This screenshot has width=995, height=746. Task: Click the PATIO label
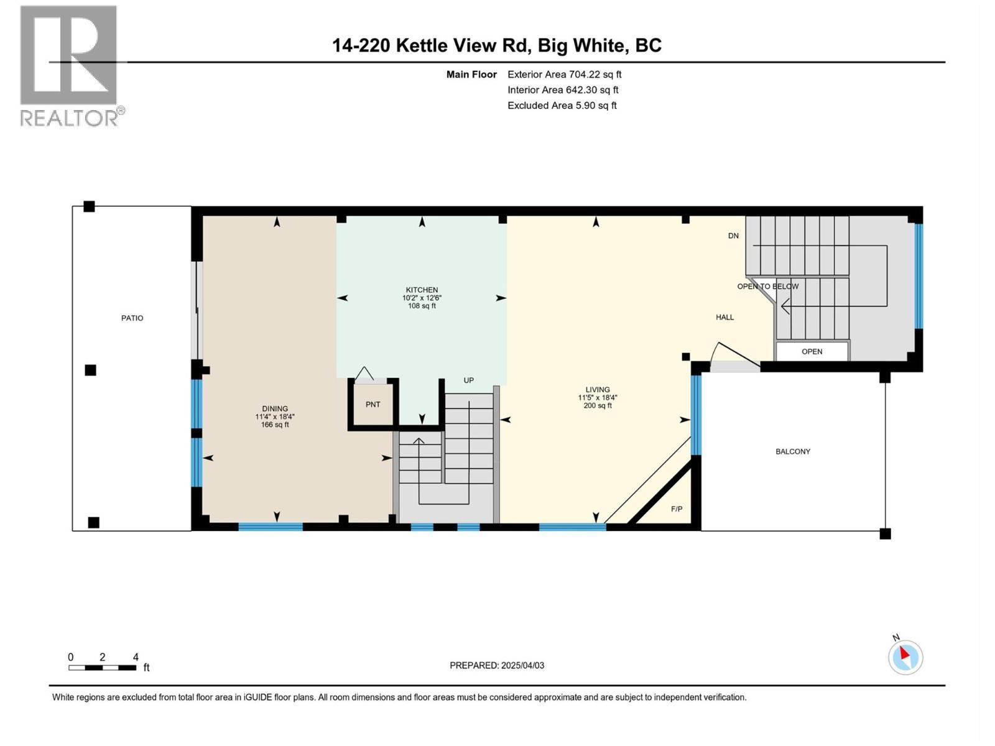click(x=132, y=318)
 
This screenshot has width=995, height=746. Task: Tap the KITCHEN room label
click(x=422, y=290)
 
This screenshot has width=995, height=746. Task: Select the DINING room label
click(x=275, y=408)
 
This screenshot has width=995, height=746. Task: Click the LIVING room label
click(x=597, y=390)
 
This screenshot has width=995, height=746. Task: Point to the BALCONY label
click(x=792, y=451)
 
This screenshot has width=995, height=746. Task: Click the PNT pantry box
click(x=373, y=405)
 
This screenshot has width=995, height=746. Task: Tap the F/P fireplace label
click(x=677, y=509)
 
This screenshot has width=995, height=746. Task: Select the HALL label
click(x=724, y=317)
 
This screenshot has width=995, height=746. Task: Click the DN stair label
click(x=733, y=236)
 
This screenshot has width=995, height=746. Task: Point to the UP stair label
click(x=469, y=380)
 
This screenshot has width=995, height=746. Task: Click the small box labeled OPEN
click(x=812, y=351)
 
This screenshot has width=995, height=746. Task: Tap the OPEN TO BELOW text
click(x=767, y=287)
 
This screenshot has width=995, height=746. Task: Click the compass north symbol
click(x=905, y=657)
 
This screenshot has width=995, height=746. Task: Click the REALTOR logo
click(x=70, y=65)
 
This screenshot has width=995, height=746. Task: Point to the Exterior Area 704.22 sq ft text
click(x=564, y=75)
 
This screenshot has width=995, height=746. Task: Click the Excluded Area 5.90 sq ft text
click(x=562, y=106)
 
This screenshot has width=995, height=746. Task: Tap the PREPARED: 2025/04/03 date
click(x=497, y=665)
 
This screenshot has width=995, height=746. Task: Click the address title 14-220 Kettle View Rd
click(x=496, y=45)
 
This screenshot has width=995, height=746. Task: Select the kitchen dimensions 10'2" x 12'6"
click(x=422, y=298)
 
